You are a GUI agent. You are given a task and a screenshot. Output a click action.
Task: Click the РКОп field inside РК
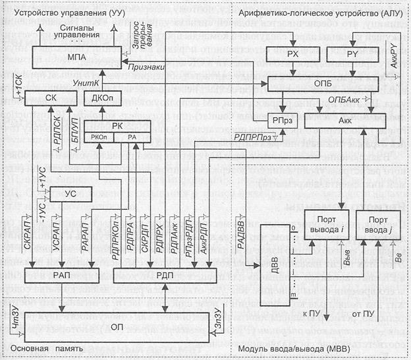coord(99,136)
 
